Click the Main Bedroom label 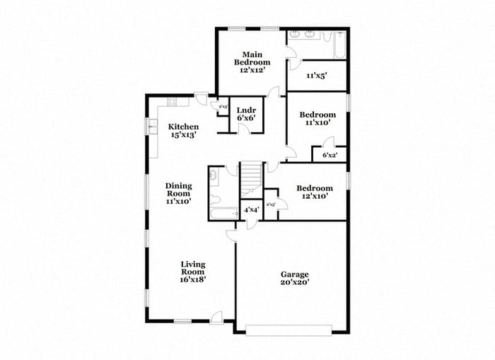[x=252, y=62]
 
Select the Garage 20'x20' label [x=294, y=278]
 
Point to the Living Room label [x=192, y=272]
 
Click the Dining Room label [x=179, y=193]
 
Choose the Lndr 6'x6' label [x=245, y=114]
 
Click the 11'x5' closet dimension [x=316, y=75]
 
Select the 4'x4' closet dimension [x=251, y=210]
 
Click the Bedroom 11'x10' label [x=316, y=119]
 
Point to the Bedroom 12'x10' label [x=314, y=192]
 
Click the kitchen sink [x=153, y=127]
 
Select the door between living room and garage [x=231, y=236]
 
